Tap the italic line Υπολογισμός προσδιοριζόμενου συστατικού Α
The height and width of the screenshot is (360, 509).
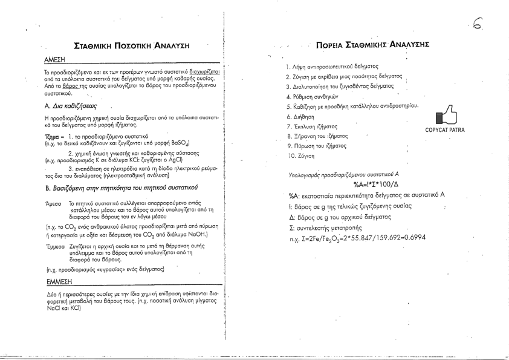point(339,174)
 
